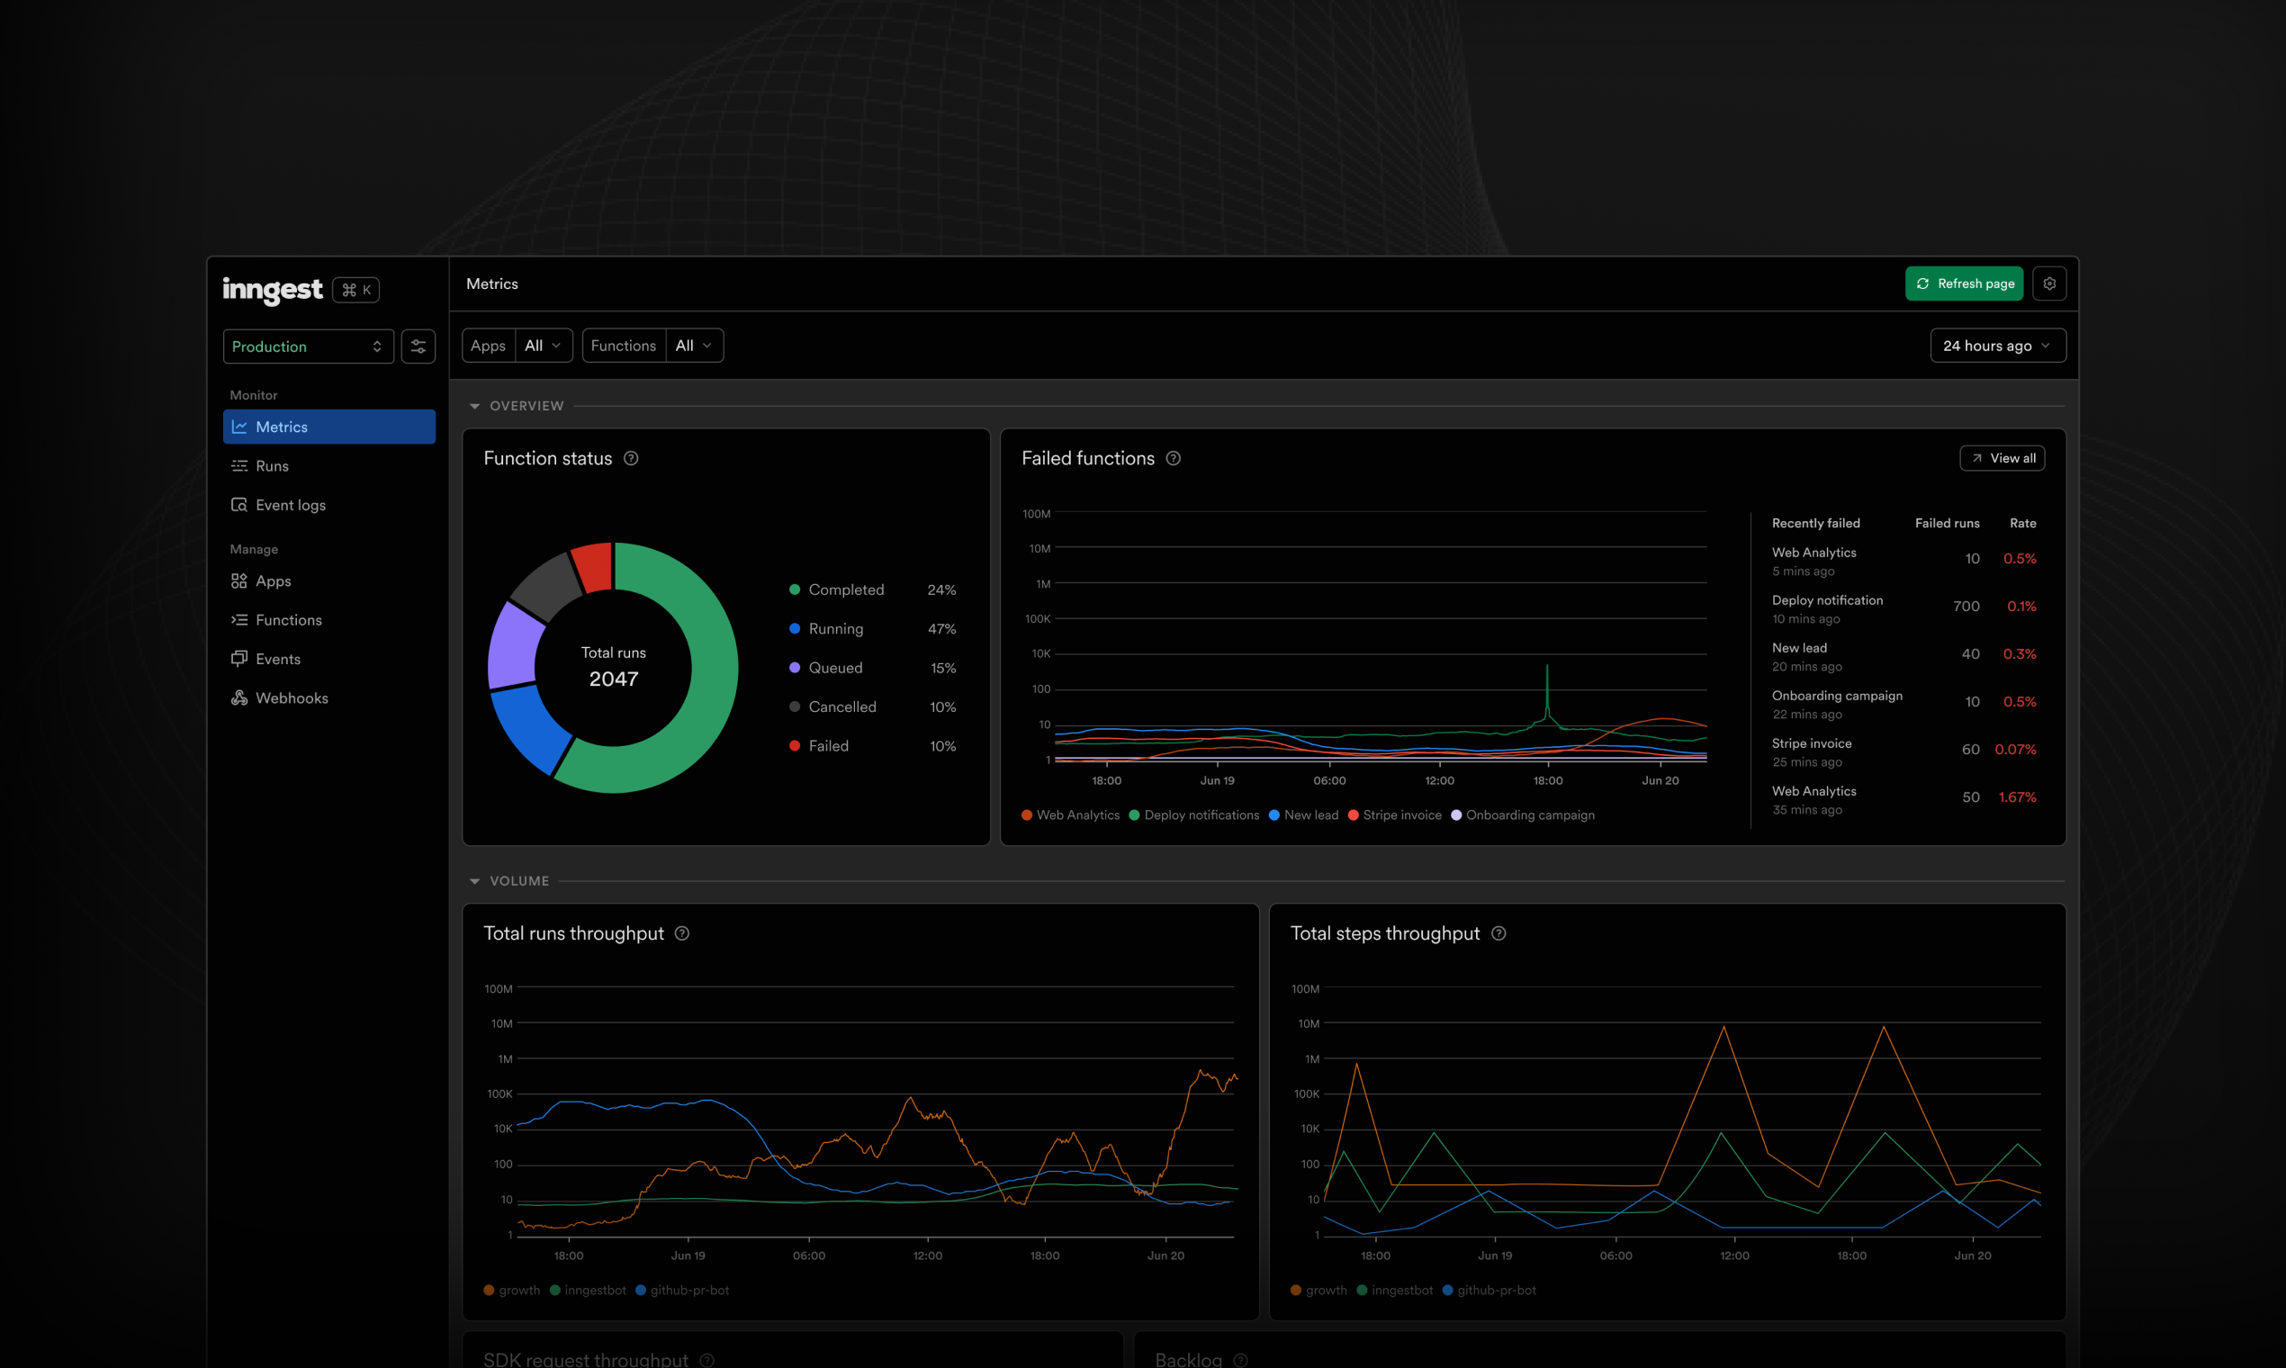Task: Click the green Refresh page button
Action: (1964, 283)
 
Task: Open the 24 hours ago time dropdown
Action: (1996, 346)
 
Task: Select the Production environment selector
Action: (308, 346)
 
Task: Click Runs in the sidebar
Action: (272, 466)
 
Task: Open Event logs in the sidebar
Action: (291, 505)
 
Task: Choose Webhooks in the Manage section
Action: (292, 698)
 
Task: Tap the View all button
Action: (2002, 458)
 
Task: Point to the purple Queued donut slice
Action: (516, 644)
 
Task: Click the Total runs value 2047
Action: (613, 679)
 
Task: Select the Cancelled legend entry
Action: (841, 707)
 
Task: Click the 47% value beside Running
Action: (941, 629)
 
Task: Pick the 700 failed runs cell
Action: (1966, 607)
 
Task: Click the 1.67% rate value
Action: (2017, 797)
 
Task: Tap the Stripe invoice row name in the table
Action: (1811, 744)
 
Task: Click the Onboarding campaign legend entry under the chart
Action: (1529, 814)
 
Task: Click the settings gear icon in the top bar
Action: (2049, 283)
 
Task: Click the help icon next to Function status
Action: (631, 458)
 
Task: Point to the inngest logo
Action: (272, 290)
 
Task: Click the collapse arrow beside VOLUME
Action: (474, 881)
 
